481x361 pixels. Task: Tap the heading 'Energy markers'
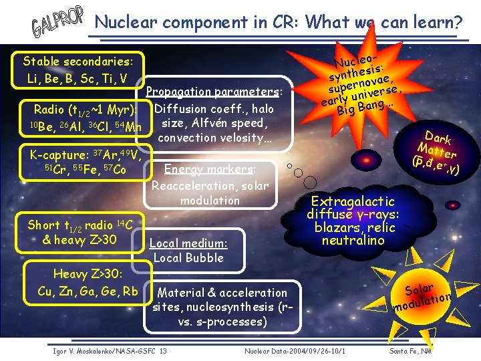(210, 169)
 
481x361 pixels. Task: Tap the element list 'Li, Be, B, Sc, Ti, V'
(77, 79)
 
